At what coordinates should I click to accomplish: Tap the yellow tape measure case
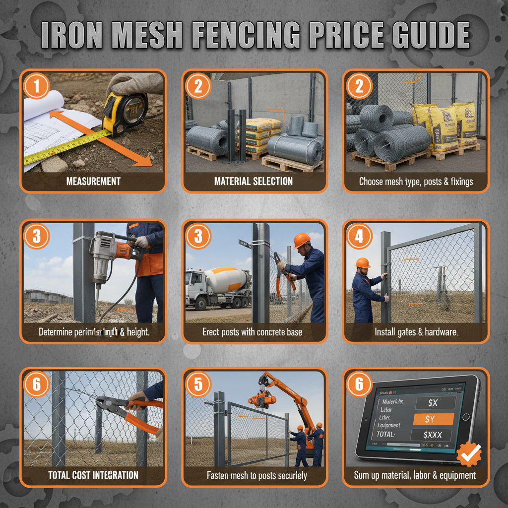[124, 113]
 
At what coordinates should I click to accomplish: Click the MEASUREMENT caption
[93, 182]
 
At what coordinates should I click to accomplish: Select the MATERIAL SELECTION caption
[254, 182]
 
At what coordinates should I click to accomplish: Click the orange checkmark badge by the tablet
[469, 453]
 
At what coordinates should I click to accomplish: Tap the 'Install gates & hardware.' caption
[416, 332]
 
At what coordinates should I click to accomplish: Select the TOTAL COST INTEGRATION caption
[93, 475]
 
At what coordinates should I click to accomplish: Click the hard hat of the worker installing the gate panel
[363, 262]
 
